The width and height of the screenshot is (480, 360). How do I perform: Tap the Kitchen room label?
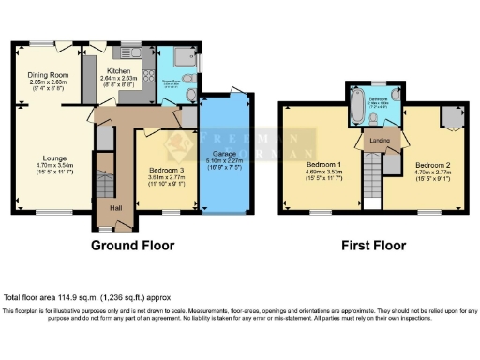pyautogui.click(x=119, y=70)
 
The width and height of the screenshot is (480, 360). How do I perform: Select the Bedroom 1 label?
pyautogui.click(x=323, y=165)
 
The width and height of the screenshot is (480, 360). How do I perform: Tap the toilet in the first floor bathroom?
pyautogui.click(x=397, y=94)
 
